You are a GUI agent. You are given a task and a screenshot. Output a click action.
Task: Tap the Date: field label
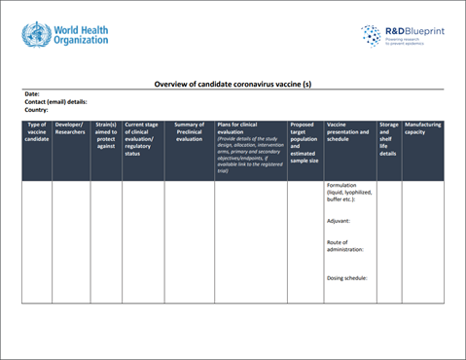coord(32,94)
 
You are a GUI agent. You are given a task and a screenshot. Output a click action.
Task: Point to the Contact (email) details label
coord(55,102)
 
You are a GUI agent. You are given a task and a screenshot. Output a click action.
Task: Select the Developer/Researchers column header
coord(70,128)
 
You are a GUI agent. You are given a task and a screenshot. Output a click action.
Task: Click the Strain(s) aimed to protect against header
coord(106,135)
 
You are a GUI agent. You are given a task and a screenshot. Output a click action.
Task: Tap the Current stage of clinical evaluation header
coord(142,139)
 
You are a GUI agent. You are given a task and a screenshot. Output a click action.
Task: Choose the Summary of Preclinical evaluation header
coord(189,131)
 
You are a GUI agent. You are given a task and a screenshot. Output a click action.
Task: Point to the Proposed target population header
coord(305,142)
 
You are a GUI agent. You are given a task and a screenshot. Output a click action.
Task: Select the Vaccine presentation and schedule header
coord(348,131)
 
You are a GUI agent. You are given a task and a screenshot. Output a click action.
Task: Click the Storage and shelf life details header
coord(389,139)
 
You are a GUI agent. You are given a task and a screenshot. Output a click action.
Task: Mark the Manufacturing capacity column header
coord(423,128)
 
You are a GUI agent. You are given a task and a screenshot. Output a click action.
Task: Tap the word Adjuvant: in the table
coord(341,221)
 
